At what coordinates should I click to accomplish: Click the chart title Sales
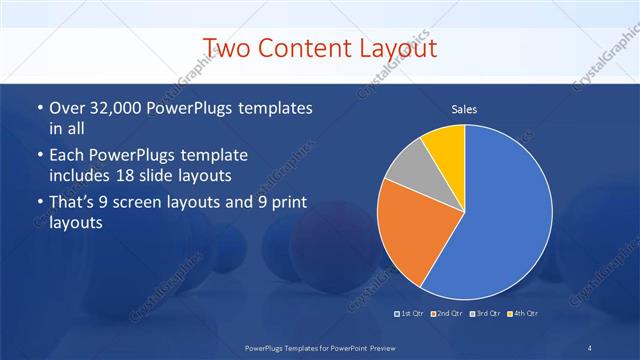[x=464, y=109]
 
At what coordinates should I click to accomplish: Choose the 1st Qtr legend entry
[x=412, y=314]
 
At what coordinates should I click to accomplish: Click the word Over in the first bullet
[x=65, y=107]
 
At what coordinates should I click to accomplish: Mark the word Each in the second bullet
[x=66, y=155]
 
